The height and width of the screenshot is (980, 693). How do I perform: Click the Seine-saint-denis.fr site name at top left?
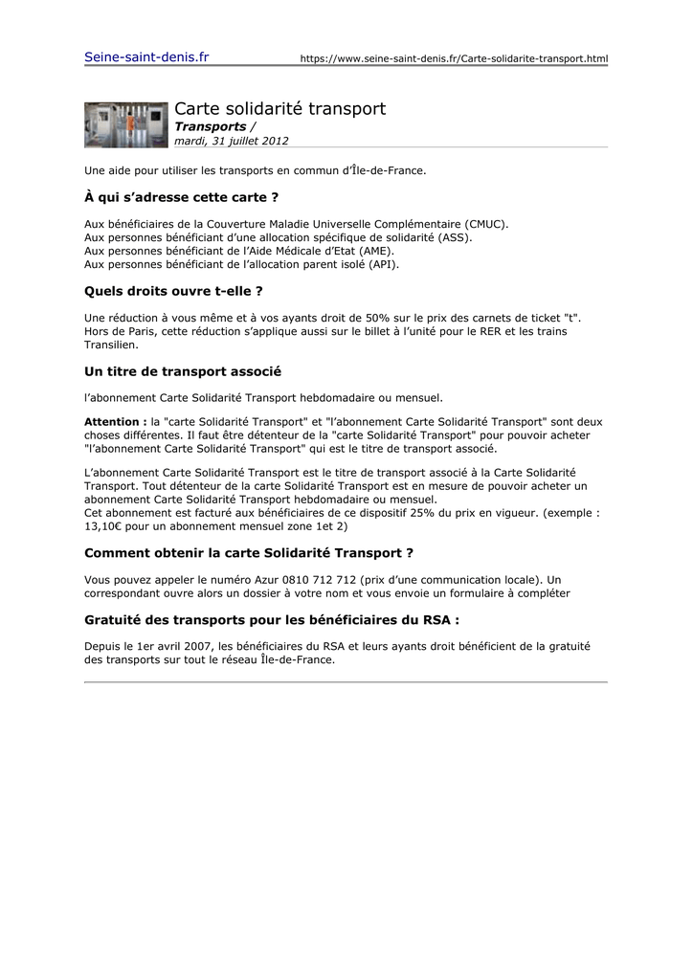click(x=146, y=57)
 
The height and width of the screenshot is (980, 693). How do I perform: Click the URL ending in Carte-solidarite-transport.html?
click(x=454, y=59)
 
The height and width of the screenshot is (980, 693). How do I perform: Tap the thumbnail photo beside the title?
click(x=125, y=124)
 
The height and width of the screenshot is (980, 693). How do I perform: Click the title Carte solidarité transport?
click(x=279, y=109)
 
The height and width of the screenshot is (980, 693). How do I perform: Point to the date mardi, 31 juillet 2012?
click(x=231, y=141)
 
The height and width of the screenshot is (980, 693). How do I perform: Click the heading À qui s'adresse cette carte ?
click(x=181, y=197)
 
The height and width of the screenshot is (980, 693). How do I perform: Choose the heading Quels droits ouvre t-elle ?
click(x=173, y=290)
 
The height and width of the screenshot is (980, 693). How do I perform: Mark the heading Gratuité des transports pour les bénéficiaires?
click(x=272, y=619)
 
